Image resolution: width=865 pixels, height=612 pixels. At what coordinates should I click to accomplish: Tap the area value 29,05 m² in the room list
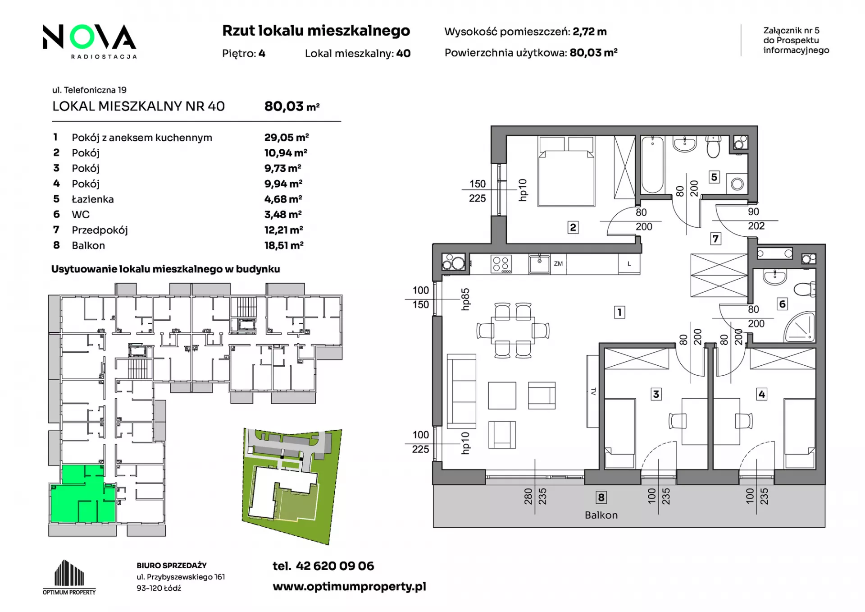pyautogui.click(x=287, y=138)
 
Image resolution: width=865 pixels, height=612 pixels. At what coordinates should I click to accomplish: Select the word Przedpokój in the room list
pyautogui.click(x=100, y=230)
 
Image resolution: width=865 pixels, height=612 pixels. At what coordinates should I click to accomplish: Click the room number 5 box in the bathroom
pyautogui.click(x=714, y=177)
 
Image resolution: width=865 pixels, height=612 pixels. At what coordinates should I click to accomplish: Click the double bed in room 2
pyautogui.click(x=567, y=171)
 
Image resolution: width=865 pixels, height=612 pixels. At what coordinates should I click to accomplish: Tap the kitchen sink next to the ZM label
pyautogui.click(x=539, y=264)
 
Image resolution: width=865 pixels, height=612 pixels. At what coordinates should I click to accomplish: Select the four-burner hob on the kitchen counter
pyautogui.click(x=501, y=264)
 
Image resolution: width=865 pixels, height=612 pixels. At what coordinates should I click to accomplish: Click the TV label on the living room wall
pyautogui.click(x=593, y=391)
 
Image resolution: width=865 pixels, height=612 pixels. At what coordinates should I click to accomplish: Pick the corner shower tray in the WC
pyautogui.click(x=800, y=327)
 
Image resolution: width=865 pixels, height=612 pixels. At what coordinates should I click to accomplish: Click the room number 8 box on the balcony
pyautogui.click(x=601, y=497)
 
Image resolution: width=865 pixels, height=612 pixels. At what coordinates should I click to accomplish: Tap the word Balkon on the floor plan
pyautogui.click(x=601, y=515)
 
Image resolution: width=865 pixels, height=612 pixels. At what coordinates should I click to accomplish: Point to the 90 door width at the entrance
pyautogui.click(x=753, y=212)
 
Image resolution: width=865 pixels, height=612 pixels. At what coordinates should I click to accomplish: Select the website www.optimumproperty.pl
pyautogui.click(x=349, y=587)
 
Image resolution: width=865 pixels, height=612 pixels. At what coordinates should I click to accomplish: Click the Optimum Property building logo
pyautogui.click(x=69, y=577)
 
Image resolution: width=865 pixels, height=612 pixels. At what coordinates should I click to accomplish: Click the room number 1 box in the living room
pyautogui.click(x=619, y=312)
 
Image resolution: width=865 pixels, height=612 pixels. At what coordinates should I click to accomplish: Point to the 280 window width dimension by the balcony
pyautogui.click(x=528, y=496)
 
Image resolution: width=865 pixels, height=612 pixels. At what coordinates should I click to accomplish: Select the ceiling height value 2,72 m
pyautogui.click(x=590, y=32)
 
